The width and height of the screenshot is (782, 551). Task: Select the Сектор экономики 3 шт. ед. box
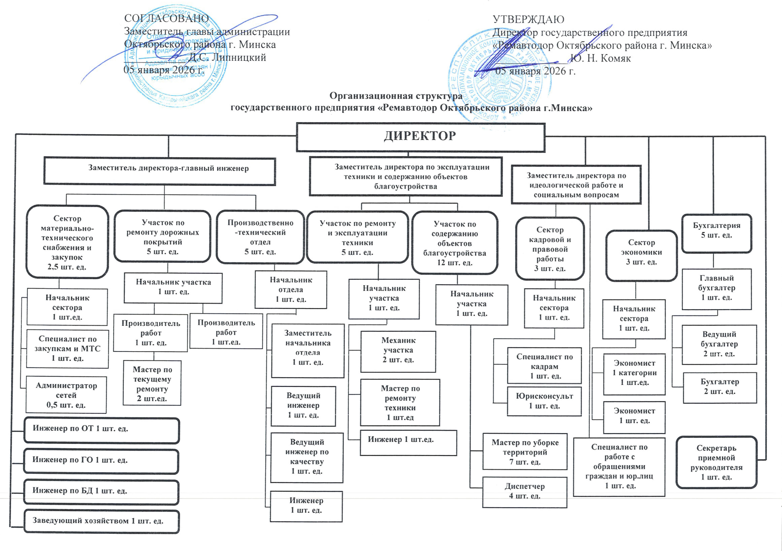coord(641,255)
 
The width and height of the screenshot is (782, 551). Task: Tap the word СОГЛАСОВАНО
coord(166,18)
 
